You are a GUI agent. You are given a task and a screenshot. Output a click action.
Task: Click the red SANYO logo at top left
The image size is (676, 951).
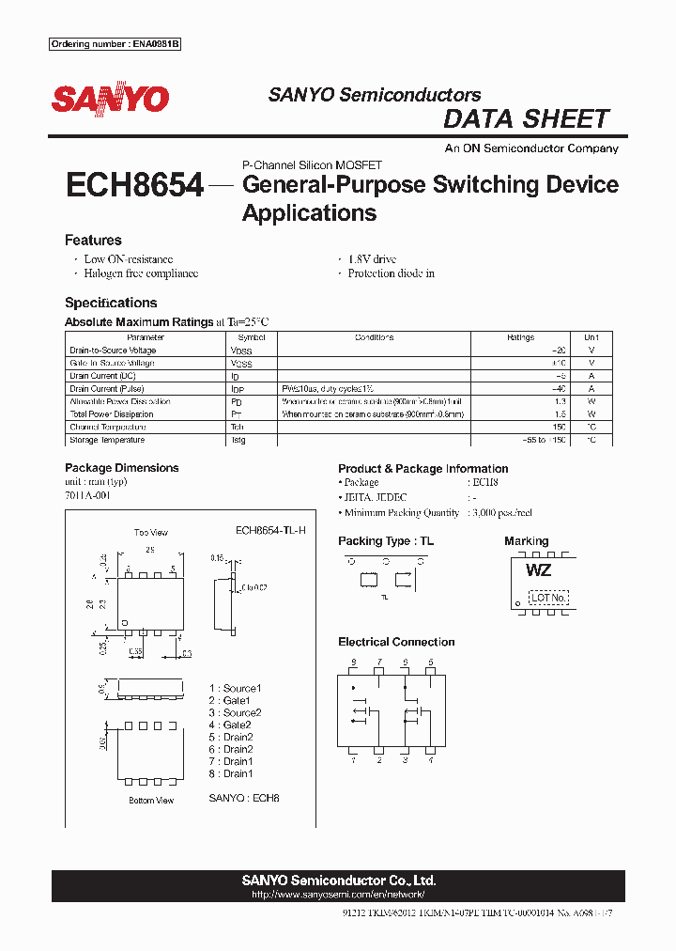pyautogui.click(x=110, y=99)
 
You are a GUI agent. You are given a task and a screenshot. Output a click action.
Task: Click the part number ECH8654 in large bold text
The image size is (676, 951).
pyautogui.click(x=134, y=186)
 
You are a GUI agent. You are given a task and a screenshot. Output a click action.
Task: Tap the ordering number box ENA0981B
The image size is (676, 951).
pyautogui.click(x=114, y=45)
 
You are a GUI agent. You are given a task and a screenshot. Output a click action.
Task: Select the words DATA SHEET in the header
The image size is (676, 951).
pyautogui.click(x=526, y=119)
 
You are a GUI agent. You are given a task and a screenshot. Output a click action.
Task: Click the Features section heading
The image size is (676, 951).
pyautogui.click(x=93, y=240)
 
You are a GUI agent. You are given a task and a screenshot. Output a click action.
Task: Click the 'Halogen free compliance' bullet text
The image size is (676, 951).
pyautogui.click(x=141, y=273)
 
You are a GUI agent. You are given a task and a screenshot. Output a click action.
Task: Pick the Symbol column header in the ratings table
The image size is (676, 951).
pyautogui.click(x=252, y=337)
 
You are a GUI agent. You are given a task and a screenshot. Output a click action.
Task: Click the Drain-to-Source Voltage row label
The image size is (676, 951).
pyautogui.click(x=113, y=351)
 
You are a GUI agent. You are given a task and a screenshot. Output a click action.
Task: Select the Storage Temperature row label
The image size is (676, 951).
pyautogui.click(x=107, y=440)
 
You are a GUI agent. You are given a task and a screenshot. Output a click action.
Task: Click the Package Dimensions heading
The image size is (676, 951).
pyautogui.click(x=121, y=468)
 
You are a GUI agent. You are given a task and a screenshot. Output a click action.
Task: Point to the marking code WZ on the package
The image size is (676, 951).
pyautogui.click(x=538, y=570)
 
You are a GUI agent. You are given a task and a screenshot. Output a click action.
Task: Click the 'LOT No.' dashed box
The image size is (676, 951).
pyautogui.click(x=548, y=597)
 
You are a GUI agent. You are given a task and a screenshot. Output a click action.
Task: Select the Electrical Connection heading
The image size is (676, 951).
pyautogui.click(x=396, y=642)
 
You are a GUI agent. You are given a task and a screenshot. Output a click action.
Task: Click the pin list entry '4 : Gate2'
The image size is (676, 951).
pyautogui.click(x=230, y=725)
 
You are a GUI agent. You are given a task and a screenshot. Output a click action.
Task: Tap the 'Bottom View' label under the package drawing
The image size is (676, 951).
pyautogui.click(x=151, y=801)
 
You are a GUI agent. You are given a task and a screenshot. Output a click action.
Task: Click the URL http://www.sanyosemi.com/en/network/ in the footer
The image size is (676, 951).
pyautogui.click(x=338, y=895)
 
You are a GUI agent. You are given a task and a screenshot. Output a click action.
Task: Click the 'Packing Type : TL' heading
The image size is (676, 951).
pyautogui.click(x=386, y=541)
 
